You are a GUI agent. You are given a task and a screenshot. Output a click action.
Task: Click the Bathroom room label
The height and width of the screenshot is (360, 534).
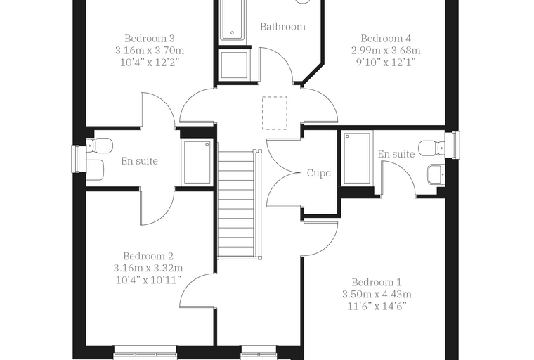click(x=282, y=27)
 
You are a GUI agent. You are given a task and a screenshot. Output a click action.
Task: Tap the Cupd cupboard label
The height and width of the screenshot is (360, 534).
click(x=319, y=173)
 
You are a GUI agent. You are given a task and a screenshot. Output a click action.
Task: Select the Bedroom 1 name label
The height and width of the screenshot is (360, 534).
click(x=377, y=282)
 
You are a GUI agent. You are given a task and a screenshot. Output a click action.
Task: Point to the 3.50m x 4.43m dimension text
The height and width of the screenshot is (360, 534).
click(x=377, y=294)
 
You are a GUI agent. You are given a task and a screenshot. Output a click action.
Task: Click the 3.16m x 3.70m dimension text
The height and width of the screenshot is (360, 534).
click(x=150, y=51)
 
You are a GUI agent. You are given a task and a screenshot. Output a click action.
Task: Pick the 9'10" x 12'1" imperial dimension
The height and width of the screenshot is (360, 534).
click(x=386, y=63)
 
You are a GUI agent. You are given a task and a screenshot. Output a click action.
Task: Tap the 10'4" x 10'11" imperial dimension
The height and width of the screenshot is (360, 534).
click(x=148, y=281)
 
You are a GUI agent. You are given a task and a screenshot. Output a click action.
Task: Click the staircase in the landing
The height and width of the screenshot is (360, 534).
click(x=240, y=204)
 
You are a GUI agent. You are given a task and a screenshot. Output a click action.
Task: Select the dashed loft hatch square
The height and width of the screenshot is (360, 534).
click(x=275, y=113)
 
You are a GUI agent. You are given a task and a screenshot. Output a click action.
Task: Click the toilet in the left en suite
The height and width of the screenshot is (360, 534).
click(x=99, y=146)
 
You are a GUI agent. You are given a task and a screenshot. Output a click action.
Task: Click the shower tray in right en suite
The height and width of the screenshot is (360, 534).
click(x=357, y=158)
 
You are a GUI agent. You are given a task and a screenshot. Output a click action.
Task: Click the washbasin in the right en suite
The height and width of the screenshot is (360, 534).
click(x=436, y=174)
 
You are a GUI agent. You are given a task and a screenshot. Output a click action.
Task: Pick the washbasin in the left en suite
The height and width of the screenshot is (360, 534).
click(x=95, y=170)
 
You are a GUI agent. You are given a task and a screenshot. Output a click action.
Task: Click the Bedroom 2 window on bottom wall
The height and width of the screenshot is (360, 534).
click(x=145, y=353)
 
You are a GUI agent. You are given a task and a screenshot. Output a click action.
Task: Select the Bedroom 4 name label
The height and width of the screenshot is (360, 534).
click(x=386, y=38)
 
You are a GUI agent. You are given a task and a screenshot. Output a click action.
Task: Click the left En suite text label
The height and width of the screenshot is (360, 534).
click(x=140, y=161)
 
